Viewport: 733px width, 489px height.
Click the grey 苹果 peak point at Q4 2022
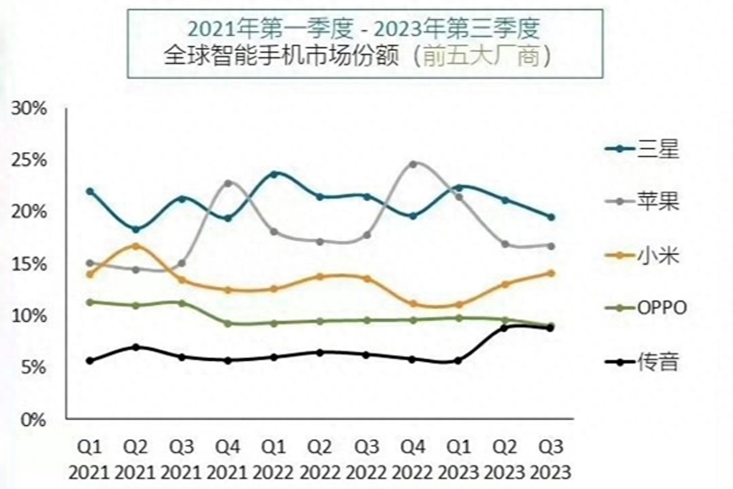coord(414,164)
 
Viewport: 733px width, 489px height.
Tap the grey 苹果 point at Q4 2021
coord(228,183)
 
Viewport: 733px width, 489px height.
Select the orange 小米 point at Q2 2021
coord(136,246)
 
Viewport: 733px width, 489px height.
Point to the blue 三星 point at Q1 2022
coord(275,174)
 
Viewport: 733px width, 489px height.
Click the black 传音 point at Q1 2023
coord(458,361)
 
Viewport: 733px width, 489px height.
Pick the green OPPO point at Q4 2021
coord(228,323)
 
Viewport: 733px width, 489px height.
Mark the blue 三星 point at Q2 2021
coord(136,230)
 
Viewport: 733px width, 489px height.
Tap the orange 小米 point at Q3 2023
coord(551,273)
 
